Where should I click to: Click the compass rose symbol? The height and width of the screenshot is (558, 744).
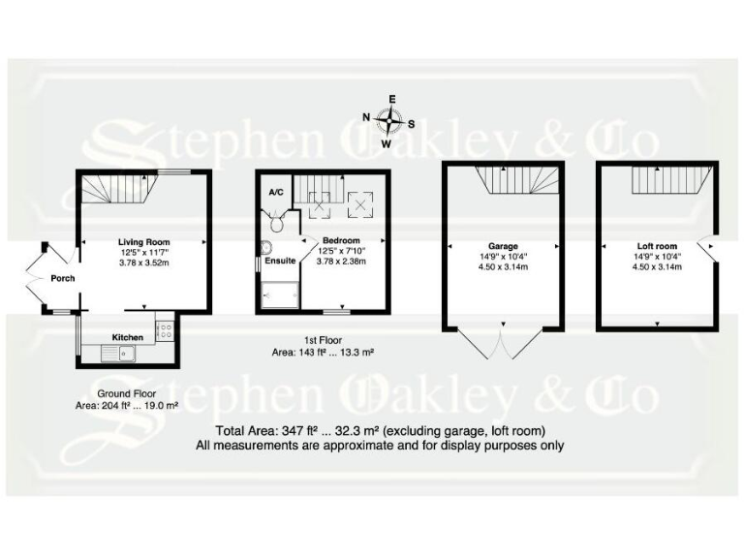pyautogui.click(x=390, y=122)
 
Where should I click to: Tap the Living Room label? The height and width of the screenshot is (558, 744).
pyautogui.click(x=144, y=242)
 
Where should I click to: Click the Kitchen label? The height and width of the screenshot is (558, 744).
pyautogui.click(x=128, y=337)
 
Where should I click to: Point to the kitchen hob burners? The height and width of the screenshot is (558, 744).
pyautogui.click(x=164, y=329)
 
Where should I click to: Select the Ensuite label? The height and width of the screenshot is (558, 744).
pyautogui.click(x=281, y=260)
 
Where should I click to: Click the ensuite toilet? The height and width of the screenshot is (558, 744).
pyautogui.click(x=279, y=223)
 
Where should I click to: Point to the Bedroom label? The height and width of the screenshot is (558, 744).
pyautogui.click(x=341, y=240)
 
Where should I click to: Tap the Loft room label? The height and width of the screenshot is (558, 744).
pyautogui.click(x=658, y=246)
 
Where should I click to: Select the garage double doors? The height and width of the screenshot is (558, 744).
pyautogui.click(x=501, y=344)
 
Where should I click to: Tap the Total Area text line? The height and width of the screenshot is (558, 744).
pyautogui.click(x=380, y=430)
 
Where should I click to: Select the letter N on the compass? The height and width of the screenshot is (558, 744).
pyautogui.click(x=367, y=117)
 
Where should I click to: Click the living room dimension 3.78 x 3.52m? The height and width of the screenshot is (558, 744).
pyautogui.click(x=144, y=262)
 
